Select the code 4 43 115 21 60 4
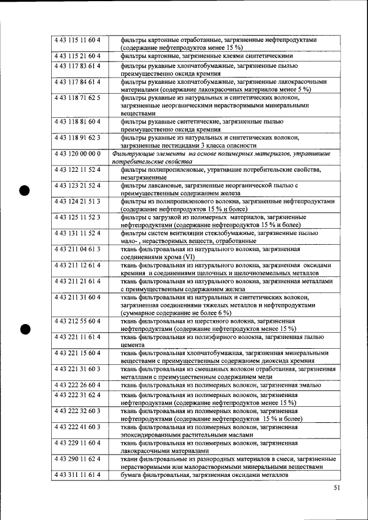click(x=78, y=56)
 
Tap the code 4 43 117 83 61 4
click(x=78, y=66)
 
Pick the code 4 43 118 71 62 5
click(x=78, y=98)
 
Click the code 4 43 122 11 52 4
click(x=78, y=170)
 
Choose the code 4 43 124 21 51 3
click(x=78, y=202)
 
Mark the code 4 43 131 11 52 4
click(x=78, y=233)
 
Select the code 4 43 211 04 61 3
click(x=78, y=250)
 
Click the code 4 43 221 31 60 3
click(x=78, y=369)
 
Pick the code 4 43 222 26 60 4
click(x=78, y=385)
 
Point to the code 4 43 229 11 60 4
click(x=78, y=443)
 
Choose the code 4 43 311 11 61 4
click(x=78, y=475)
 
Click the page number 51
click(x=336, y=489)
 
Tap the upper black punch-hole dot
click(x=24, y=191)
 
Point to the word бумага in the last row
click(x=130, y=475)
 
